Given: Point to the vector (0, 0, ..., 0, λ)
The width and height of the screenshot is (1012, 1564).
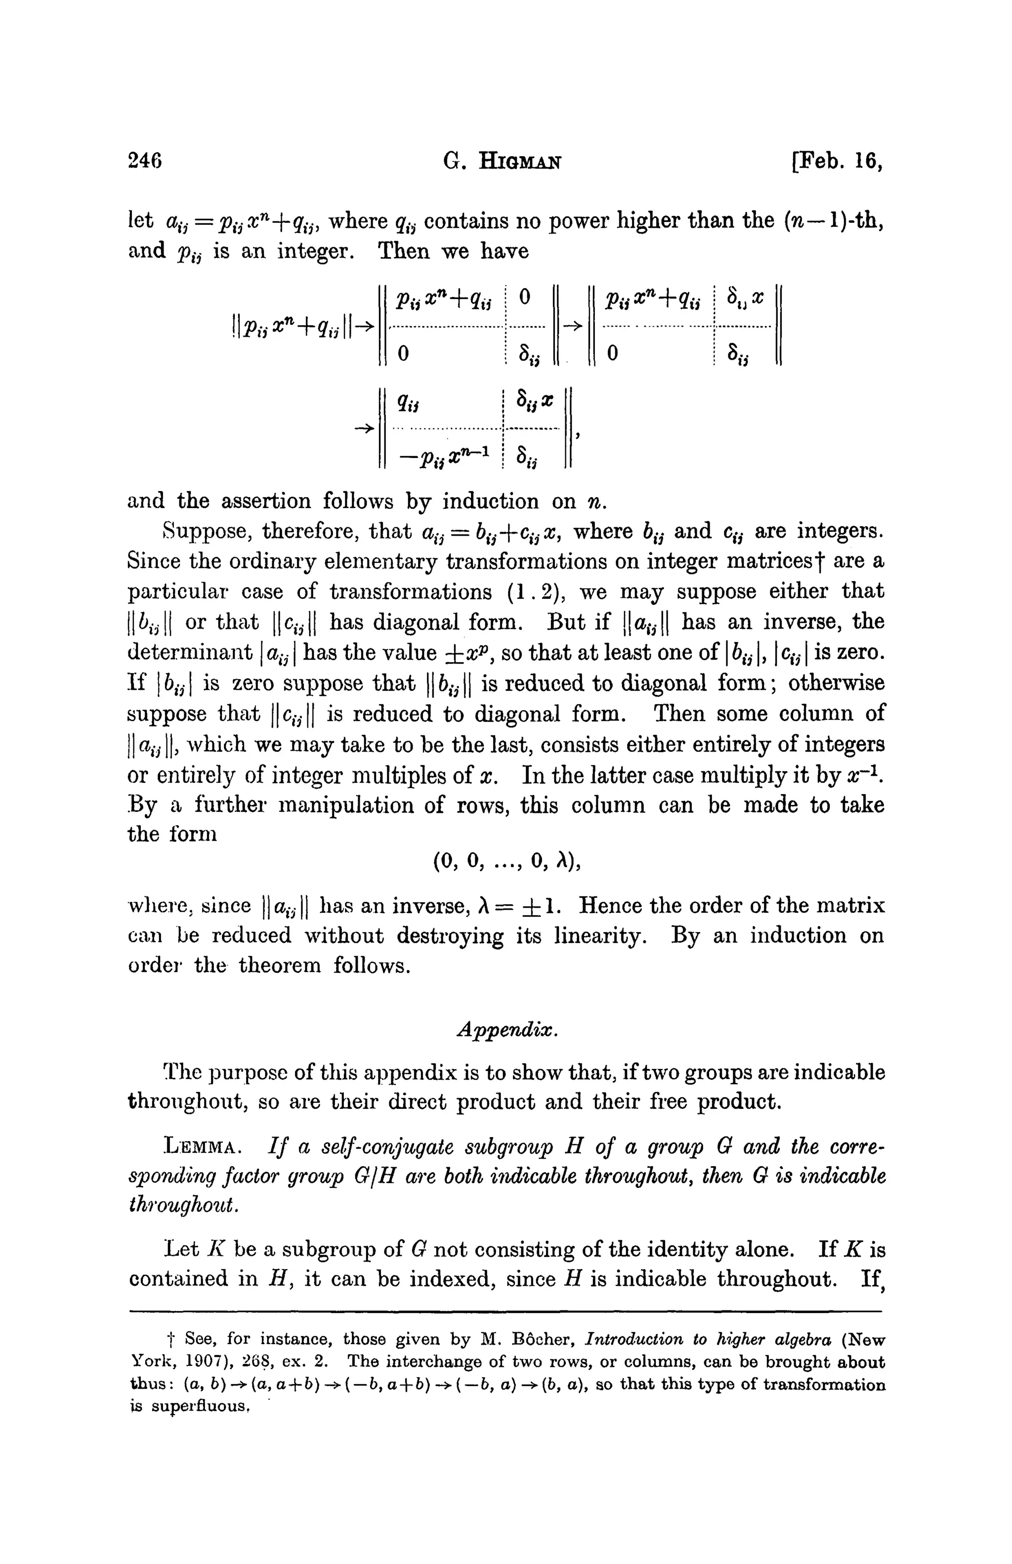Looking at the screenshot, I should [x=506, y=862].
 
